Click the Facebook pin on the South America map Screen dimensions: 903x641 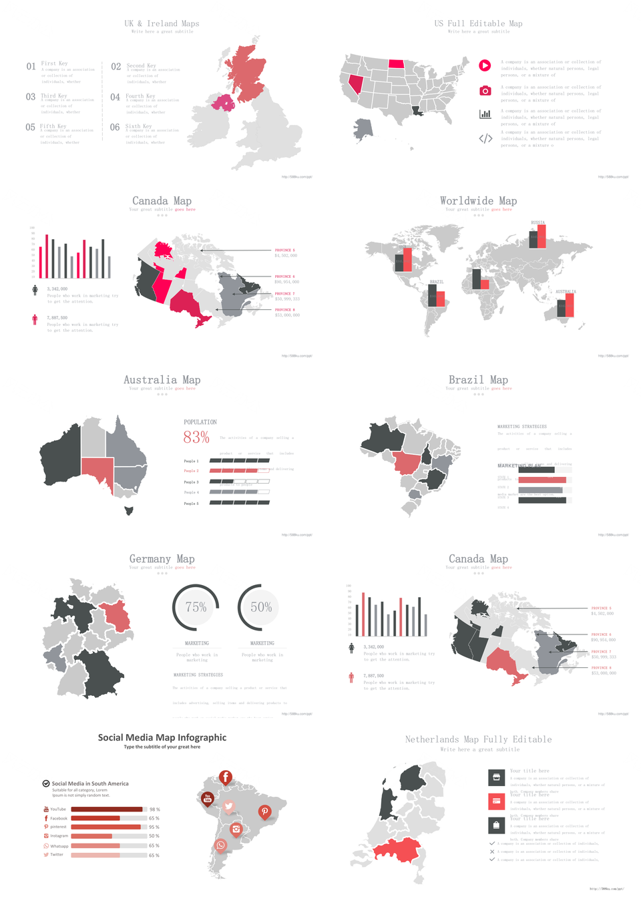[x=226, y=777]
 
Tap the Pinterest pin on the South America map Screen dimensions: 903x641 [x=265, y=811]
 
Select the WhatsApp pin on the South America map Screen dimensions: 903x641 [x=221, y=846]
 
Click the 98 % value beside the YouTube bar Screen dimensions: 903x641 [x=154, y=809]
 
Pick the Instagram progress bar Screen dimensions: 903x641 [x=109, y=836]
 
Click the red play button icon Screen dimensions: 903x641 [x=485, y=65]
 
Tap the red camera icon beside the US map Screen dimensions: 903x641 [x=485, y=91]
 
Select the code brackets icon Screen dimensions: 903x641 [x=485, y=139]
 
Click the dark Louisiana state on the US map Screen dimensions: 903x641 [x=417, y=111]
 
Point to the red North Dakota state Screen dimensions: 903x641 [x=396, y=64]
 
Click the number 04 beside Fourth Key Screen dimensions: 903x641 [x=115, y=98]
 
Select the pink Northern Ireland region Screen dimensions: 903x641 [x=223, y=102]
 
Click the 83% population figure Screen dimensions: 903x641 [x=196, y=437]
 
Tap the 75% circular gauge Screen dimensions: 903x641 [x=196, y=607]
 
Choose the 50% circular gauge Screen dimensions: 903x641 [x=261, y=607]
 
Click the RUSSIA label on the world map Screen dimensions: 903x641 [x=538, y=222]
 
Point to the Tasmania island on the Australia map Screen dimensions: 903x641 [x=129, y=511]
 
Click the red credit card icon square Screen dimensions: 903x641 [x=496, y=801]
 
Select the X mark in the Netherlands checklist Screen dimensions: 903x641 [x=492, y=852]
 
